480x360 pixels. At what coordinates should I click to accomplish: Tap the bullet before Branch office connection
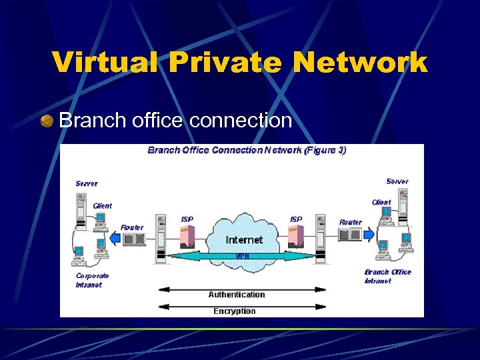[46, 121]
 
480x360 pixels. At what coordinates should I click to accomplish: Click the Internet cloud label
[245, 239]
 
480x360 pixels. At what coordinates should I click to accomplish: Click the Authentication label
[237, 294]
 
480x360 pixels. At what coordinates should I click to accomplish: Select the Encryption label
[234, 311]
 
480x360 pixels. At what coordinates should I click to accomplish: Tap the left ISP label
[187, 219]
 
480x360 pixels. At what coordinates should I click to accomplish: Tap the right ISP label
[295, 219]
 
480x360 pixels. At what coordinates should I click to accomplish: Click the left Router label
[132, 227]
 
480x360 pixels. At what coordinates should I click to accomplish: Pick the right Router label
[351, 222]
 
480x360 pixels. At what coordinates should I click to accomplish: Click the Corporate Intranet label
[93, 279]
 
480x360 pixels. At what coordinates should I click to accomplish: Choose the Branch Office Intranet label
[387, 276]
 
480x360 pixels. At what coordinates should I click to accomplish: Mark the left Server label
[87, 183]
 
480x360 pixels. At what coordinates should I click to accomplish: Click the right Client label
[381, 202]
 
